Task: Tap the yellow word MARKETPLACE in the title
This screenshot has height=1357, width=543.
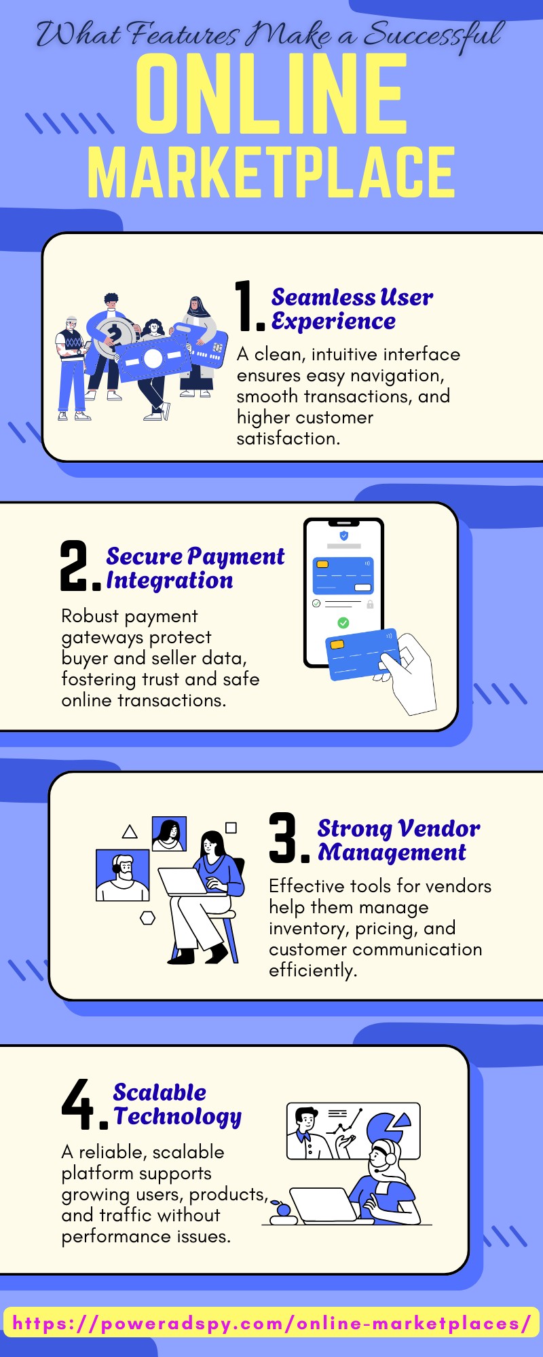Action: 271,172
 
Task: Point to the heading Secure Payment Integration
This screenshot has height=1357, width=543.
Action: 195,569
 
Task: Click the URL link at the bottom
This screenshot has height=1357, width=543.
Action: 271,1324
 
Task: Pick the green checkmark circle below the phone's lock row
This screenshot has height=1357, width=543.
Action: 343,623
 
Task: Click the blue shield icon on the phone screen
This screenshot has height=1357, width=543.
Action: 344,536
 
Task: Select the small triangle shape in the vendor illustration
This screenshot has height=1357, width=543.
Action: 130,832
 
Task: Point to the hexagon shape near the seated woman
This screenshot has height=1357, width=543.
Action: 147,918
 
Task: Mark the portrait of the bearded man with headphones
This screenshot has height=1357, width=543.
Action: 123,875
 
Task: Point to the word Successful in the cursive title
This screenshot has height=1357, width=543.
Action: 434,35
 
